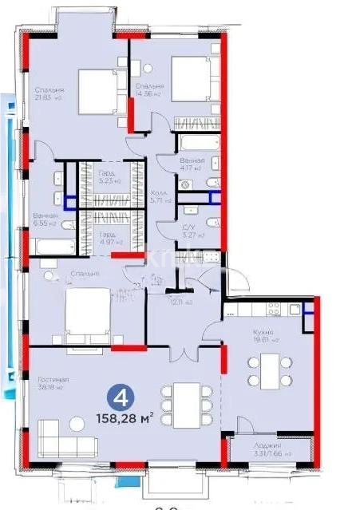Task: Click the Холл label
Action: tap(159, 193)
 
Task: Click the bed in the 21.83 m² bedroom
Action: tap(96, 89)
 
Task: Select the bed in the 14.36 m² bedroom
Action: tap(188, 80)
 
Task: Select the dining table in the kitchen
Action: tap(264, 370)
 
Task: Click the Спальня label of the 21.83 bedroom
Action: tap(49, 89)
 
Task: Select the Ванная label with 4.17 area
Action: tap(192, 160)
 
